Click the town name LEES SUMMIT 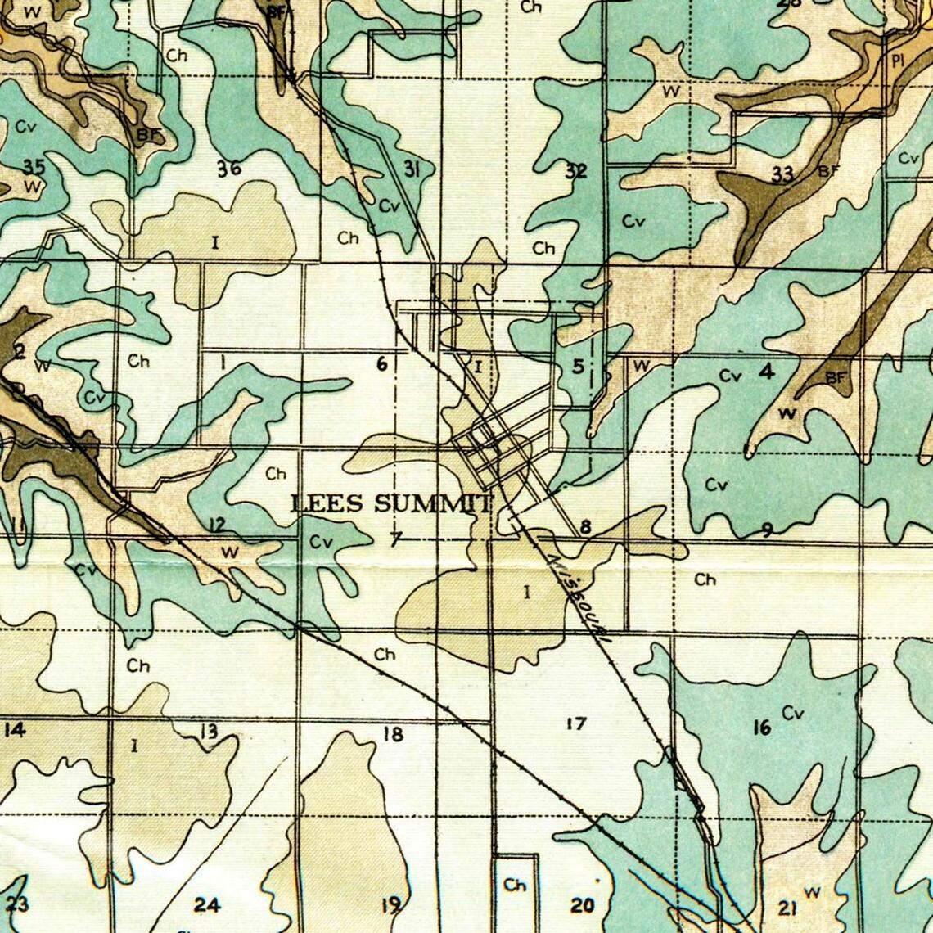[393, 503]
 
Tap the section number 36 [229, 169]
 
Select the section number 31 [412, 169]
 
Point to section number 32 [576, 171]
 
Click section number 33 [782, 174]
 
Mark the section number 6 [381, 364]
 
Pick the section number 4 [766, 372]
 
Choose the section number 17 [576, 723]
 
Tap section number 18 [393, 734]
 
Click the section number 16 [761, 726]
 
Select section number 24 [207, 904]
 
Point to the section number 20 [582, 905]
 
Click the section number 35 [34, 167]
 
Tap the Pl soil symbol [896, 61]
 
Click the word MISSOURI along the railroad [579, 597]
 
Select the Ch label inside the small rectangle [515, 885]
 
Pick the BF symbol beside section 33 [829, 171]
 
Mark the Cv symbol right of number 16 [792, 714]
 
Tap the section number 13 [209, 731]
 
